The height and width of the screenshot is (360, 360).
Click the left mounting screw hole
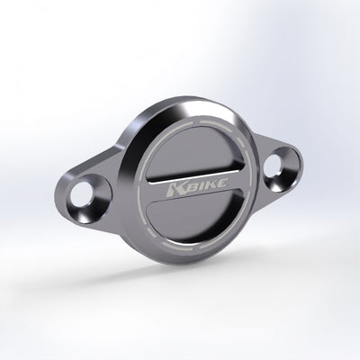[81, 196]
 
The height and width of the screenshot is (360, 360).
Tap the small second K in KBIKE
[209, 184]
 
